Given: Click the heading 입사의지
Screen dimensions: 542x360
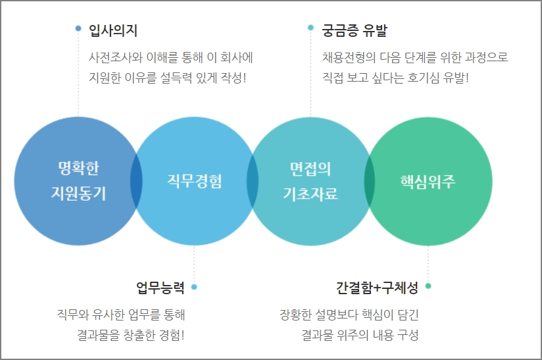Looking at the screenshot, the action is (x=113, y=30).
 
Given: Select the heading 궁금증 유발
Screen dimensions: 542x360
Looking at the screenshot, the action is (x=355, y=30).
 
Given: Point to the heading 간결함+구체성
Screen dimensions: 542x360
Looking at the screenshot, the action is (x=377, y=287).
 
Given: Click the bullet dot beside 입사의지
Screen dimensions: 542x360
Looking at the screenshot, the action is (x=78, y=28).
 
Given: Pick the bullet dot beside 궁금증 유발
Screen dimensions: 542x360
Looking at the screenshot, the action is (x=310, y=28).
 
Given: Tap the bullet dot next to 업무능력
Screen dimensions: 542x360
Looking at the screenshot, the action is (x=194, y=287).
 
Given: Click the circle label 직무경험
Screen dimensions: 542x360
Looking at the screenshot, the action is (x=194, y=181).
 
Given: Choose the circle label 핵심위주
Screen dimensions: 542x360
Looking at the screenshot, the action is (x=428, y=181).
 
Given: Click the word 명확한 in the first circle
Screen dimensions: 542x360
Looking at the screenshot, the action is (x=78, y=168).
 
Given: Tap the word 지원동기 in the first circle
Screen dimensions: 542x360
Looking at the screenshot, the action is (x=78, y=193).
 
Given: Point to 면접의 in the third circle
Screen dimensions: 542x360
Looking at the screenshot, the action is (x=310, y=168).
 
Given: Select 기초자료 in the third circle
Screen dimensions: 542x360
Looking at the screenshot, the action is (x=310, y=193).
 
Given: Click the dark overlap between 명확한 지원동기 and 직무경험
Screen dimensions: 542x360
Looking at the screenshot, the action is (x=136, y=181).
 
